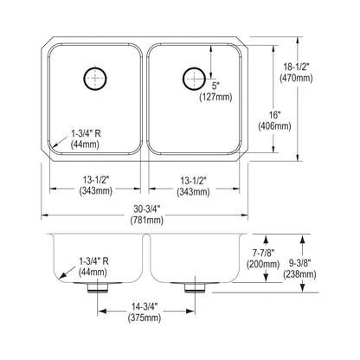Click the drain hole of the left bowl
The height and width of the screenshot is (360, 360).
(95, 79)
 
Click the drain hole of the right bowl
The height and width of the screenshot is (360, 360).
(194, 79)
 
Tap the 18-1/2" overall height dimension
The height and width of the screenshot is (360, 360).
(295, 67)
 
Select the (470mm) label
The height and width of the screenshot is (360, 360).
(296, 78)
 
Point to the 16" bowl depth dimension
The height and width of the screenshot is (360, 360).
(273, 115)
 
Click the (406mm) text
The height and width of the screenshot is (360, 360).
(274, 126)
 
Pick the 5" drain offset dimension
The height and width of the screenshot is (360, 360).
(215, 86)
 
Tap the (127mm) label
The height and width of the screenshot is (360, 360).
(215, 97)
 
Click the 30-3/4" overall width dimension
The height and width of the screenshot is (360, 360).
(146, 209)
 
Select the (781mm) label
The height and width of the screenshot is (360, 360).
(147, 220)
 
